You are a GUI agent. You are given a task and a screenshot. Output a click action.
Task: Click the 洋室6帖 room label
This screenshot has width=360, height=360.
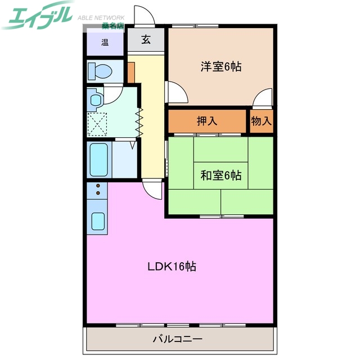[x=221, y=66]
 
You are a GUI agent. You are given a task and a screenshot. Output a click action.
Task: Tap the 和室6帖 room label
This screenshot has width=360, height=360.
[x=221, y=175]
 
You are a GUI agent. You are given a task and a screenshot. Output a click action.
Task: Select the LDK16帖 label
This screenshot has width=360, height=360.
[x=172, y=267]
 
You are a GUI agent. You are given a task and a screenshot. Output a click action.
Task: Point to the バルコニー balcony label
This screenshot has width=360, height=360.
[x=178, y=339]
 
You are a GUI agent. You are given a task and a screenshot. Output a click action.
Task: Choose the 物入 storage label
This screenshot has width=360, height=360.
[x=262, y=121]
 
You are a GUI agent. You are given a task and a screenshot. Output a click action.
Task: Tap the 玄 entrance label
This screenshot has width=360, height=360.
[x=146, y=39]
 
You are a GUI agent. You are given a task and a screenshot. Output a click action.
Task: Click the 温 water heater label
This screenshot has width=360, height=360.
[x=105, y=42]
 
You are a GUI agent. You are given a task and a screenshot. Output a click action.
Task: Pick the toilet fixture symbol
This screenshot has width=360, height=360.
[x=101, y=71]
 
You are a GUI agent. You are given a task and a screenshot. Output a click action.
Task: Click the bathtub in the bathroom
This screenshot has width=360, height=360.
[x=99, y=160]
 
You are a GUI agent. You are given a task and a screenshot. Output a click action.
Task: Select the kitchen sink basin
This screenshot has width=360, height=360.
[x=98, y=222]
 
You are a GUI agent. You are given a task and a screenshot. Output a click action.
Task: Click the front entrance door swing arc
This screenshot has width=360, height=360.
[x=142, y=15]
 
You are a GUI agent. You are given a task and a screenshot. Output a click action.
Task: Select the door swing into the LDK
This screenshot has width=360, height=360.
[x=151, y=188]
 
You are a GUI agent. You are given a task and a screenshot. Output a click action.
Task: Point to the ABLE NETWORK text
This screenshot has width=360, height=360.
[x=101, y=17]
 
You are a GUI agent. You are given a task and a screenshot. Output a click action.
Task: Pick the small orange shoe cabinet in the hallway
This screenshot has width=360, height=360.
[x=130, y=73]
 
